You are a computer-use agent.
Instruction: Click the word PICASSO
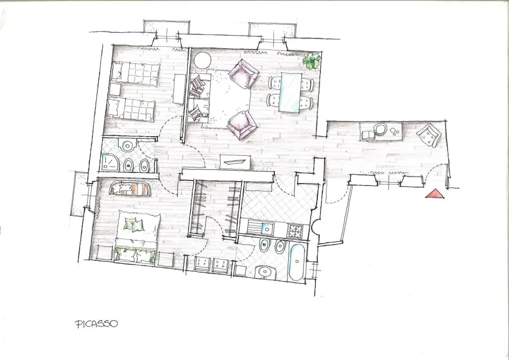[96, 324]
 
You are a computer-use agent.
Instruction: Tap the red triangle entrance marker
[435, 194]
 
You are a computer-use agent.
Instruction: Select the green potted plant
[312, 61]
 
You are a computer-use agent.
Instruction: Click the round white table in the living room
[203, 61]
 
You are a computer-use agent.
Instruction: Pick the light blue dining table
[290, 93]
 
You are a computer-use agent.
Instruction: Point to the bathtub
[297, 262]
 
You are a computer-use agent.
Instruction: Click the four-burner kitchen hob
[295, 231]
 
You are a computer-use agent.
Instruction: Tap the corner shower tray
[109, 162]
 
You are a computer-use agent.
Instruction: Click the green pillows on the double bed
[134, 224]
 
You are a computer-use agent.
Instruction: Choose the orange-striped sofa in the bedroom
[130, 188]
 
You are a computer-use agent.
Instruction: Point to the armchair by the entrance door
[429, 135]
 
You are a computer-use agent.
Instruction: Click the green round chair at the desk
[380, 129]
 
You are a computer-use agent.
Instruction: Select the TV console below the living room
[235, 162]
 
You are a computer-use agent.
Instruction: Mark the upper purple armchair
[243, 74]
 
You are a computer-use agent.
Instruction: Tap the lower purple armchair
[242, 125]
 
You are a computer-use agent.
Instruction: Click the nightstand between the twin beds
[115, 90]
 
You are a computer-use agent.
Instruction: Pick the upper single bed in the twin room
[135, 74]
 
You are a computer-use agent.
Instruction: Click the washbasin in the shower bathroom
[127, 146]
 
